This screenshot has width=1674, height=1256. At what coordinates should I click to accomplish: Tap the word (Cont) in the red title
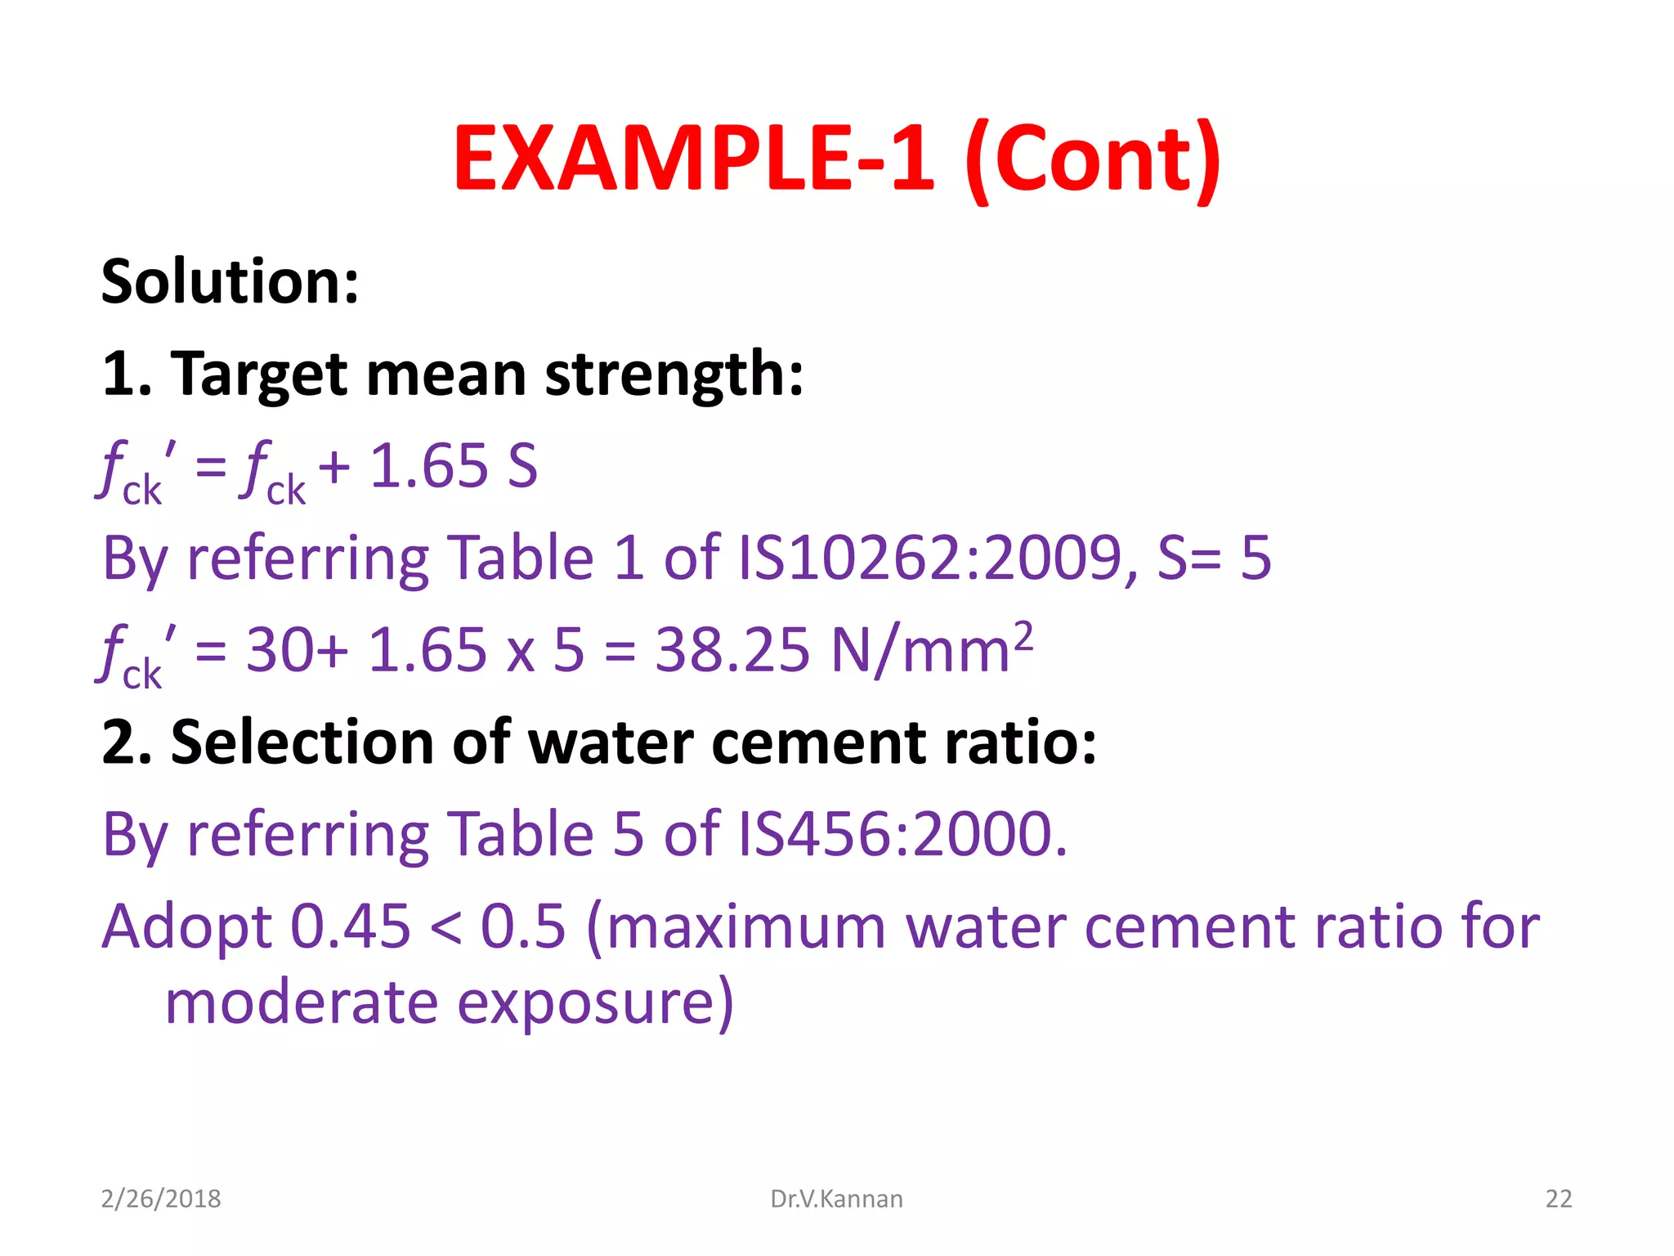tap(1093, 159)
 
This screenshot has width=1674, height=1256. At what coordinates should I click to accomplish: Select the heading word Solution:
tap(230, 281)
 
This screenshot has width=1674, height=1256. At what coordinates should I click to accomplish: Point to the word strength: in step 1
tap(674, 375)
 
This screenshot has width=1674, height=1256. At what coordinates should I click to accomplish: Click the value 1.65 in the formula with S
tap(428, 467)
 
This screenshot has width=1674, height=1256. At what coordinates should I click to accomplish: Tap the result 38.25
tap(732, 651)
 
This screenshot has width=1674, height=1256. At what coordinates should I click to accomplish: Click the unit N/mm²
tap(931, 649)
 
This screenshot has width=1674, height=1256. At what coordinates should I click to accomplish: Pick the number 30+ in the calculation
tap(298, 651)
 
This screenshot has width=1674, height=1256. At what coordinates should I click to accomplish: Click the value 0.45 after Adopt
tap(351, 927)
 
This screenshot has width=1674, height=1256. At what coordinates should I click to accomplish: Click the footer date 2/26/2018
tap(161, 1199)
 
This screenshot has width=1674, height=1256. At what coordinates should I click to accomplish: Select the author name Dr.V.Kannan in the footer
tap(836, 1199)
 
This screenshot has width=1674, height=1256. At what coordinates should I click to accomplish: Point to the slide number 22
tap(1558, 1199)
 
